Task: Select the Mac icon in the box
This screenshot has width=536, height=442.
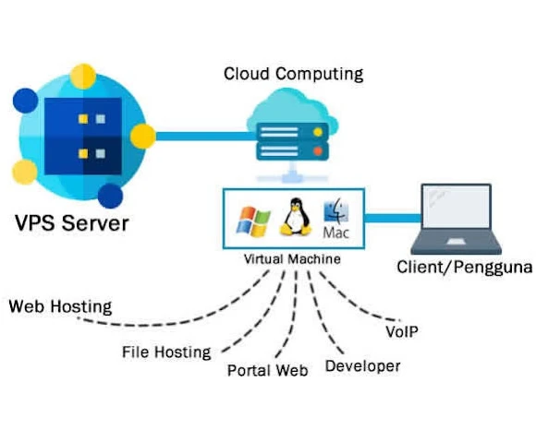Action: tap(335, 221)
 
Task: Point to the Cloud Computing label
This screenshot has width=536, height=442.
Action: tap(293, 73)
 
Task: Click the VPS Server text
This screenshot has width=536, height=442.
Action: tap(71, 223)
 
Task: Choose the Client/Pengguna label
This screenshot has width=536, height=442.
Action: tap(463, 269)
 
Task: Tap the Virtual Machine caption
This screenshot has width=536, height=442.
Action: tap(291, 259)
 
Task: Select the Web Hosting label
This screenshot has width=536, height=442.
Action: tap(60, 306)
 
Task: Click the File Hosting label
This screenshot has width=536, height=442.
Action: tap(166, 352)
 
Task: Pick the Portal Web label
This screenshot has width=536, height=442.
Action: tap(268, 371)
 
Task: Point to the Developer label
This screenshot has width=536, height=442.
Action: tap(362, 366)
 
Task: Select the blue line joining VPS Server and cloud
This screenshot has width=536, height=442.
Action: tap(199, 137)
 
